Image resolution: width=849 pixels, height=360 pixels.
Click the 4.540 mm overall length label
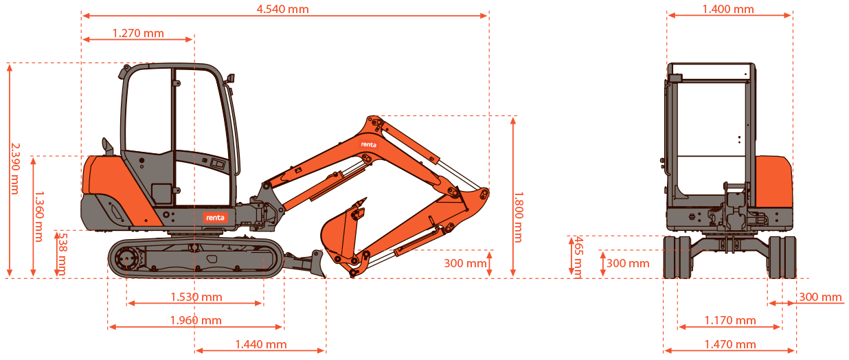click(283, 9)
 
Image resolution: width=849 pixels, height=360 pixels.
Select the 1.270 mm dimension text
click(138, 34)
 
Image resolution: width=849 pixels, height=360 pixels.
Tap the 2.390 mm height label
click(15, 168)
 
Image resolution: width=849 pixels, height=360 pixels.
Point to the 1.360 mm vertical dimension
click(39, 216)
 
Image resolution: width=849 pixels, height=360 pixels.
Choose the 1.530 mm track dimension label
click(196, 297)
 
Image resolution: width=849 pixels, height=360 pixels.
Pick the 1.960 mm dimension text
click(196, 321)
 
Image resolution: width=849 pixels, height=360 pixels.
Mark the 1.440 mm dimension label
click(261, 344)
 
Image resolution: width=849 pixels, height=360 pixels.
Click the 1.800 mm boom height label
click(519, 217)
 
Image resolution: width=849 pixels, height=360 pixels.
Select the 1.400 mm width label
click(728, 9)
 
